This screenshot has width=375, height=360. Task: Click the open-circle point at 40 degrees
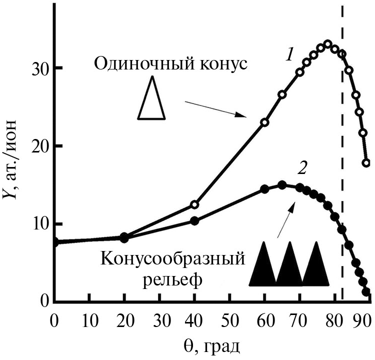[x=194, y=204]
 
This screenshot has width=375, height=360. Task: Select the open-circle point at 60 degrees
[x=264, y=122]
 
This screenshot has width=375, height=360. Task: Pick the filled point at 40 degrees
[x=194, y=221]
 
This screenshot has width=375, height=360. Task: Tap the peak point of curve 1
[x=328, y=44]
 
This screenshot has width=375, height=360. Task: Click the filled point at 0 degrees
[x=54, y=242]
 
